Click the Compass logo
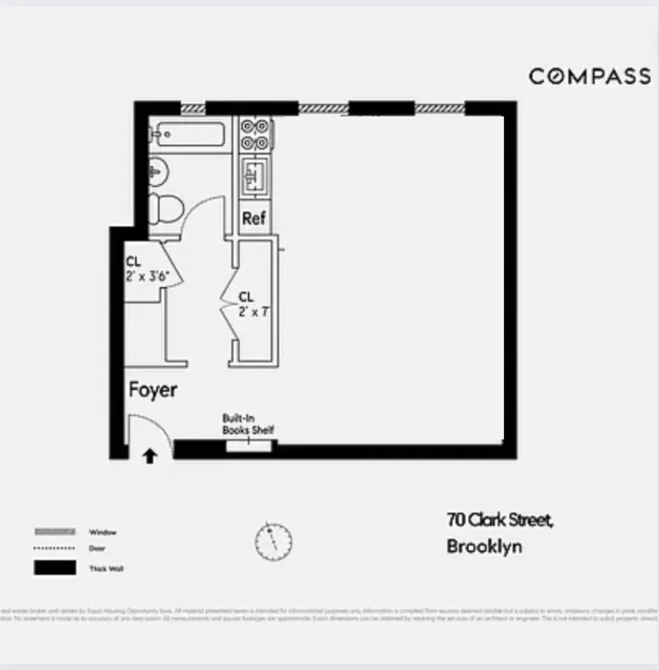tap(590, 76)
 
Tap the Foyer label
tap(153, 390)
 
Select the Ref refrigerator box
tap(254, 218)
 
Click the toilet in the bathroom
tap(165, 207)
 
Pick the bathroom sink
tap(157, 168)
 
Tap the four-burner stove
tap(255, 134)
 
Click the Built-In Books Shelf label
tap(248, 425)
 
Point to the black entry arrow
tap(149, 455)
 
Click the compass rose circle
tap(273, 542)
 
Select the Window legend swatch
tap(54, 532)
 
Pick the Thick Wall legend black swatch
tap(54, 568)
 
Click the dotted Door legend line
tap(54, 548)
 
